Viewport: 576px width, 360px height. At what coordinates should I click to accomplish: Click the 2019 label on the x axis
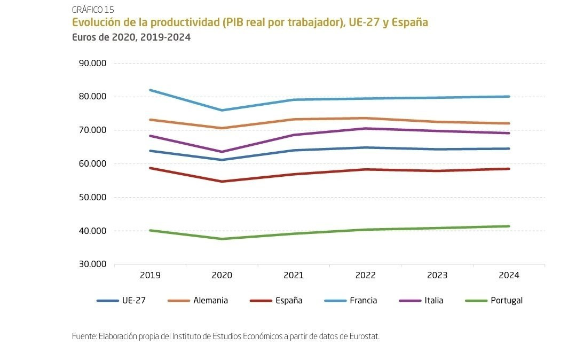click(150, 276)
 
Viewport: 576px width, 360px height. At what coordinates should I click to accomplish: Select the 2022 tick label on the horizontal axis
click(366, 276)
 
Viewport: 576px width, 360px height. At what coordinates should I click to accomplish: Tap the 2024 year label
click(509, 276)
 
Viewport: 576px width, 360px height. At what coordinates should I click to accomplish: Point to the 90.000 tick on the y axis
click(92, 64)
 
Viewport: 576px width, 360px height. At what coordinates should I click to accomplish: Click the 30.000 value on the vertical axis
click(92, 264)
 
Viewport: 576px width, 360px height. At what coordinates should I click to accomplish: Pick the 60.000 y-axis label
click(92, 164)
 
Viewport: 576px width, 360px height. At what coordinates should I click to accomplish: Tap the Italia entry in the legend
click(433, 301)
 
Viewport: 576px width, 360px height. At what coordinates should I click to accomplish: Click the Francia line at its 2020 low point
click(222, 111)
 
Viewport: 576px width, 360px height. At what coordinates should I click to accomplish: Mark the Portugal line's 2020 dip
click(222, 239)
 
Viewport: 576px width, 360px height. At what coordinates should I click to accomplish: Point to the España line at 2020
click(222, 182)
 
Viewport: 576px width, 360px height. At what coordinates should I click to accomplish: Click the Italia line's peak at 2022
click(366, 128)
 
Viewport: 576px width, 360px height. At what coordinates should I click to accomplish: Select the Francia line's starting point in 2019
click(150, 90)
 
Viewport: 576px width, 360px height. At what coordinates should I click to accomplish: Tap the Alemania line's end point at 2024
click(509, 123)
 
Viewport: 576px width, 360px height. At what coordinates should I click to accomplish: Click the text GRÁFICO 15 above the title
click(93, 10)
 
